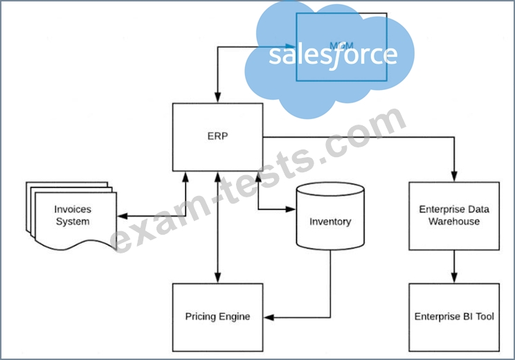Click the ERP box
(217, 136)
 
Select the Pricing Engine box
(217, 316)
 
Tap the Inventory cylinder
(330, 222)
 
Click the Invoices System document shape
(69, 215)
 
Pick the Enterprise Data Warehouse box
(453, 215)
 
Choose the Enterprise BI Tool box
(453, 316)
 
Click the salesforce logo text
(333, 55)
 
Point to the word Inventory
(330, 222)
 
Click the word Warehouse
(453, 222)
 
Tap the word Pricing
(200, 316)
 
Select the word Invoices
(73, 208)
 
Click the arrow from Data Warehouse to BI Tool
(453, 267)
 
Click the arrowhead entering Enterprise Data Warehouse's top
(453, 177)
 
